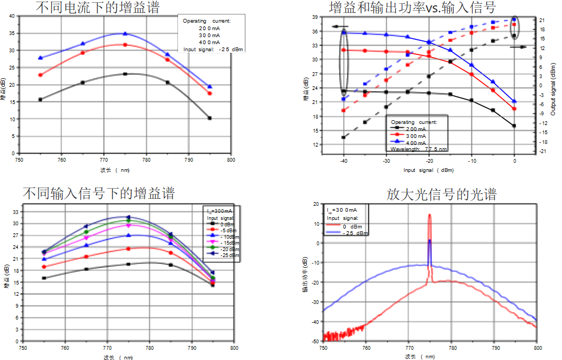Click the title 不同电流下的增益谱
tap(98, 8)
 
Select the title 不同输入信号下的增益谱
tap(98, 193)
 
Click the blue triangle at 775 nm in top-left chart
tap(125, 34)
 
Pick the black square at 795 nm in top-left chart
tap(210, 118)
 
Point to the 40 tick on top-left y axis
tap(12, 16)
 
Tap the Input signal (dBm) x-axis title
tap(429, 170)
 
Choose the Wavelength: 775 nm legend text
tap(418, 148)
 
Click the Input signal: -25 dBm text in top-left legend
tap(213, 49)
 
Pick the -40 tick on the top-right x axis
tap(344, 161)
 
